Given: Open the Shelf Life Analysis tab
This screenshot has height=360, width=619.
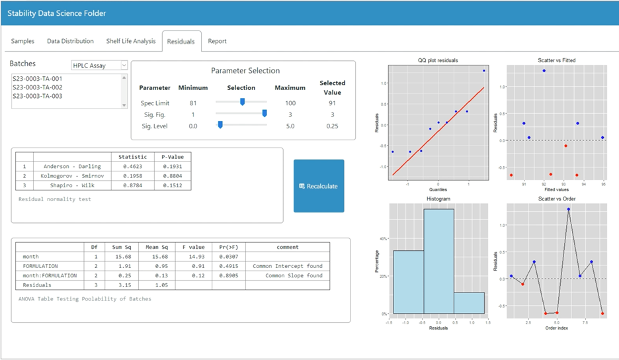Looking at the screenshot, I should tap(131, 41).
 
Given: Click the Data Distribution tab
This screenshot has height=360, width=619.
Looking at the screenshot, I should tap(70, 41).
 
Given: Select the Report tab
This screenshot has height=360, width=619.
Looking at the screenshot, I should tap(217, 41).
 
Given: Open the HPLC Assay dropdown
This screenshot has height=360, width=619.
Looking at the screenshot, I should tap(99, 65).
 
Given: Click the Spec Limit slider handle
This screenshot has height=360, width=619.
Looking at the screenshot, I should tap(243, 102).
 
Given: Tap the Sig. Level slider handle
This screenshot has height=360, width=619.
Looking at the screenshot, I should tap(220, 125).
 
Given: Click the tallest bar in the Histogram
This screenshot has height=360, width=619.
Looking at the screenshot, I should tap(438, 261).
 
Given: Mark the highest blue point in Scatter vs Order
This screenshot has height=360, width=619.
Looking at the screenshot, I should tap(568, 209).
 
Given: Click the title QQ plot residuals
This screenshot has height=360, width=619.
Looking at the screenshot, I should tap(438, 60).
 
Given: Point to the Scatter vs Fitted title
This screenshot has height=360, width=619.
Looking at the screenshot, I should tap(556, 60).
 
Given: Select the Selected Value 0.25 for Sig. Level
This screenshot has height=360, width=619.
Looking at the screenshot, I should tap(332, 126).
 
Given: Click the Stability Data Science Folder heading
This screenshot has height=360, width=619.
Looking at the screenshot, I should tap(56, 13).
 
